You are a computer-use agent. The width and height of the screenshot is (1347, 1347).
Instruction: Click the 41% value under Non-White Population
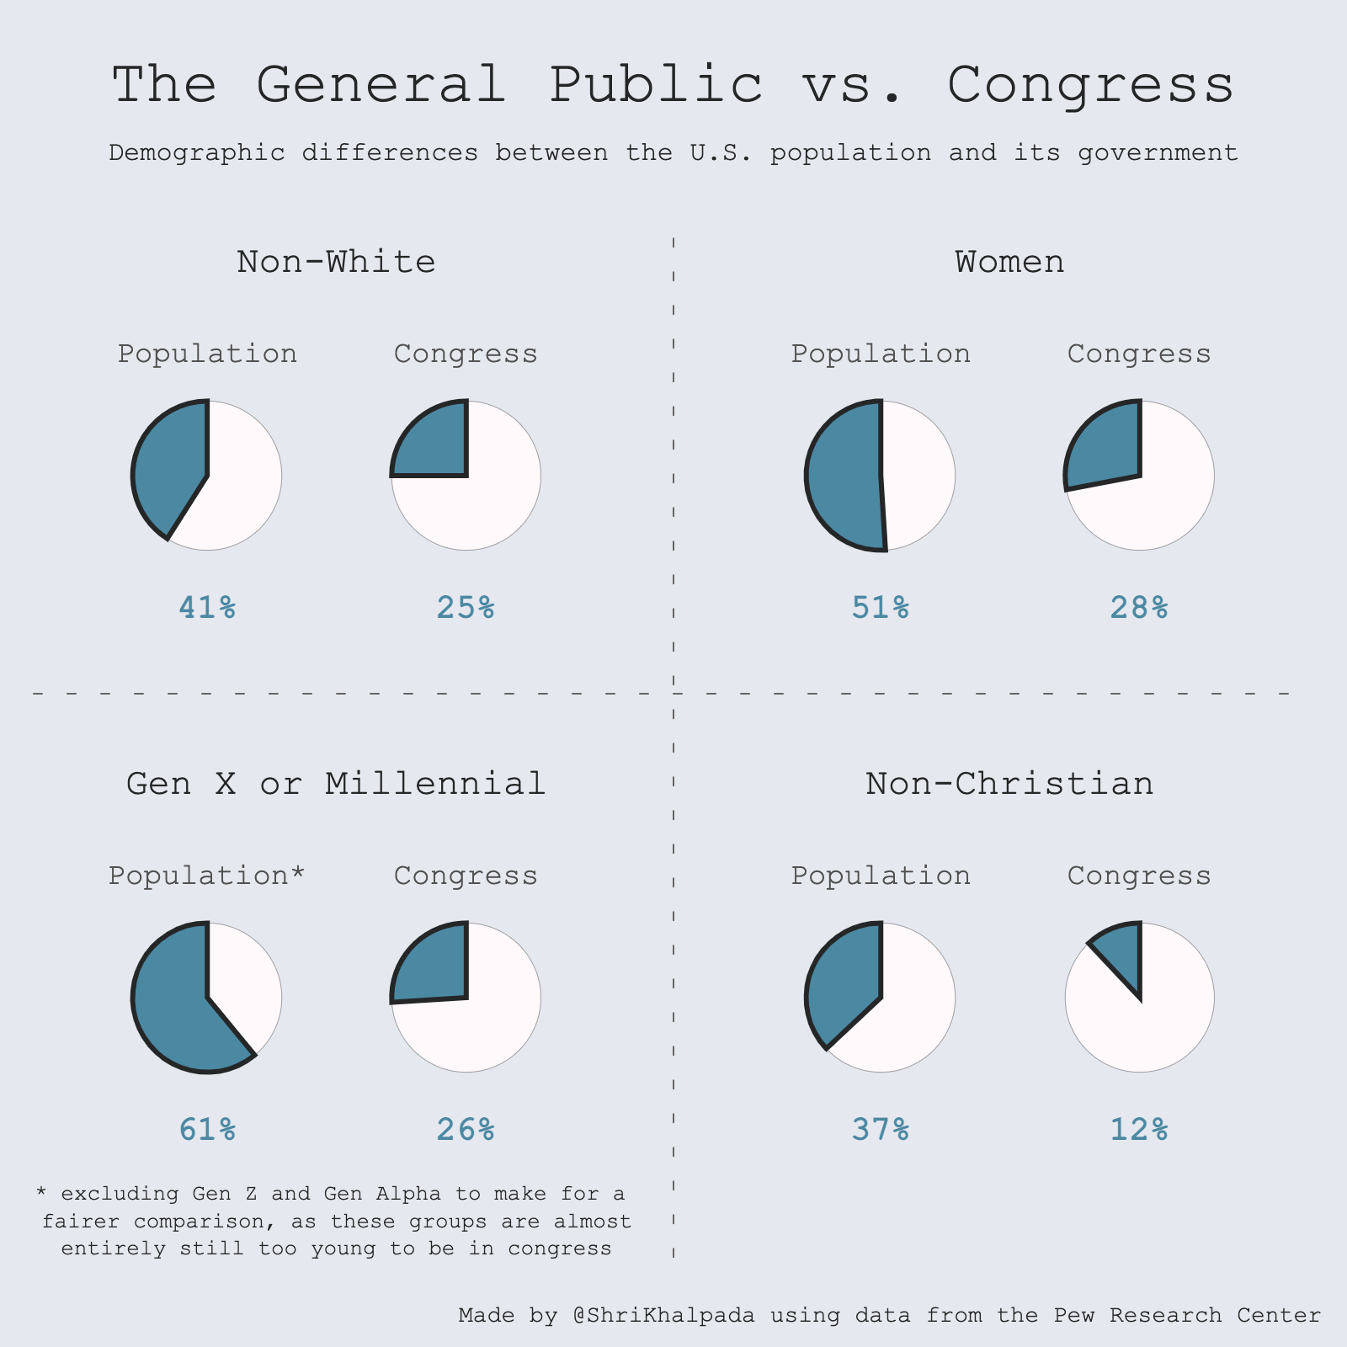coord(207,607)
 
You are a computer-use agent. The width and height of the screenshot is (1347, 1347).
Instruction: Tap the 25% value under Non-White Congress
coord(466,607)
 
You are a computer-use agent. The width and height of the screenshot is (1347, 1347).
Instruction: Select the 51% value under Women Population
coord(881,607)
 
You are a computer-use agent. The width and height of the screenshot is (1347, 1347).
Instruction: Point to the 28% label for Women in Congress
coord(1139,607)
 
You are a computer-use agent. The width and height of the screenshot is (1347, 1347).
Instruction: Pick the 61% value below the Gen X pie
coord(207,1129)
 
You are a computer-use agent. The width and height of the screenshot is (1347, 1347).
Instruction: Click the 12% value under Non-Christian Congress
coord(1139,1129)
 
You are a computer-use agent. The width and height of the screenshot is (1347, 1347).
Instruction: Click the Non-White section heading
coord(336,262)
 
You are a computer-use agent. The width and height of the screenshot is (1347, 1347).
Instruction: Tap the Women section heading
coord(1009,262)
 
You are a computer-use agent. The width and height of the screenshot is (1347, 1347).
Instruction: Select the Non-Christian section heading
coord(1009,784)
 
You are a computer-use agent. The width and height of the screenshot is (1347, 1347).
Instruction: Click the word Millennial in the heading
coord(435,784)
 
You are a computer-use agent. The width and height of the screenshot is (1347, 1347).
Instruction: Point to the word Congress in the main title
coord(1091,85)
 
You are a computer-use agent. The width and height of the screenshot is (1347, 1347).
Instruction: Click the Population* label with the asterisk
coord(207,876)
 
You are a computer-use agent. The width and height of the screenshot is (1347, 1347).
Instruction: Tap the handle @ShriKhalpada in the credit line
coord(663,1315)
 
